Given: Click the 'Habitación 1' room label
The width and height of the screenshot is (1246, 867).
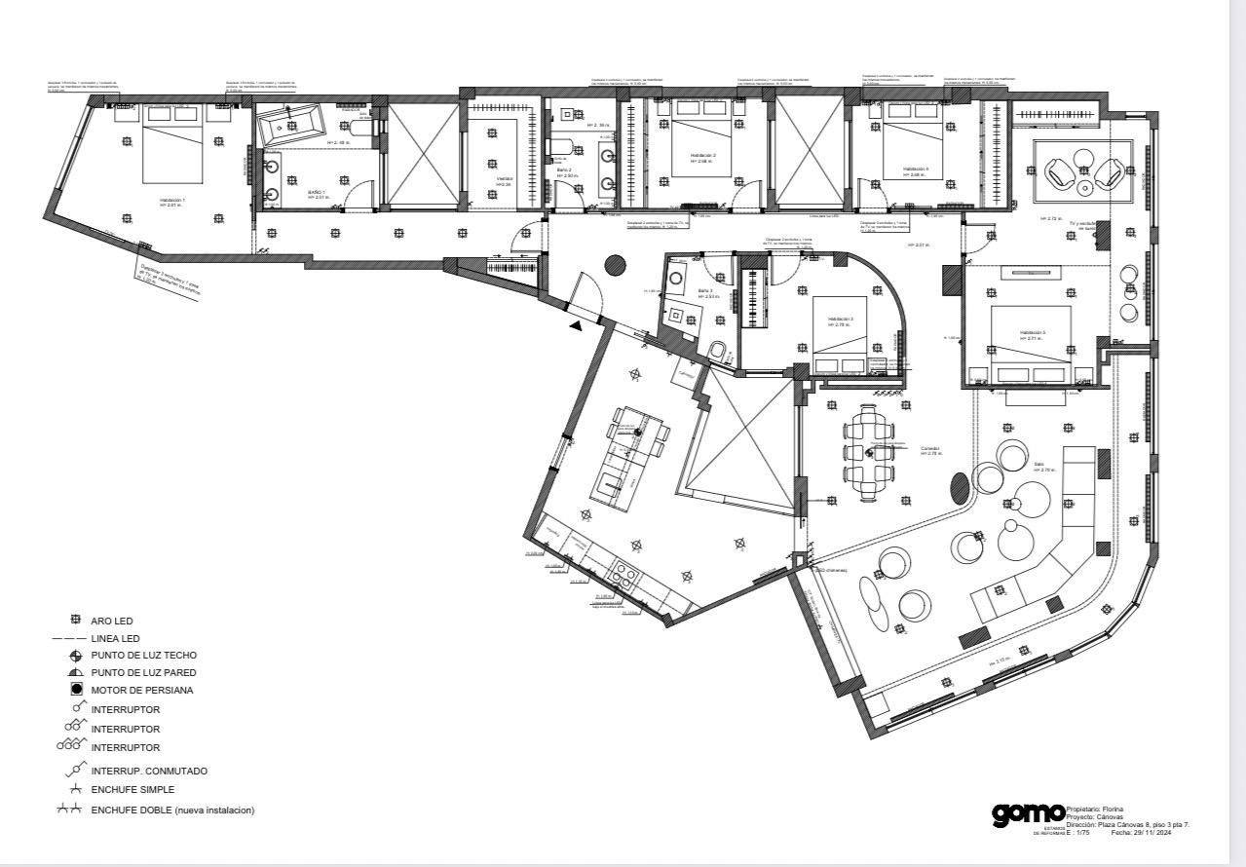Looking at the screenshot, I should coord(171,200).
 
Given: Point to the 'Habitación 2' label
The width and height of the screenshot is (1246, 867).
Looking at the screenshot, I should coord(703,155).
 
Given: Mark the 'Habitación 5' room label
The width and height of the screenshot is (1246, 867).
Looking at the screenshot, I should coord(1033,332).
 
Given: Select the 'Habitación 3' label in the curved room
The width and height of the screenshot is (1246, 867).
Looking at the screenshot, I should coord(841,320).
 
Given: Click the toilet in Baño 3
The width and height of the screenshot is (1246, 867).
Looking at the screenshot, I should coord(718,351).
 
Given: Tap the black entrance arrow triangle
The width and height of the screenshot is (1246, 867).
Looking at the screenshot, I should coord(578,326).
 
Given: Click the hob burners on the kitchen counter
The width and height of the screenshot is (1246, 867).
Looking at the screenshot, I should coord(625,575).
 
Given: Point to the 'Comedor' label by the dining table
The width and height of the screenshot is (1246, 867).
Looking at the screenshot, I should coord(929,449).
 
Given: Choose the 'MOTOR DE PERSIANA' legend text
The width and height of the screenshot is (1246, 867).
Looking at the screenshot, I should coord(142,691).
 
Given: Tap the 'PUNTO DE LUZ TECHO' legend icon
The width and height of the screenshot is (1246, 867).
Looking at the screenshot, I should coord(75,656).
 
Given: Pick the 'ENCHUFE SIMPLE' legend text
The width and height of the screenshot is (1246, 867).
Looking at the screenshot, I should coord(133,790).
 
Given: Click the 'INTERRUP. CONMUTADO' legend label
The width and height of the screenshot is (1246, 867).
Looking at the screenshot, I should coord(149,771).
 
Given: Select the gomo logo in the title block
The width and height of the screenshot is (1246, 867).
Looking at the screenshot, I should coord(1027,813).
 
